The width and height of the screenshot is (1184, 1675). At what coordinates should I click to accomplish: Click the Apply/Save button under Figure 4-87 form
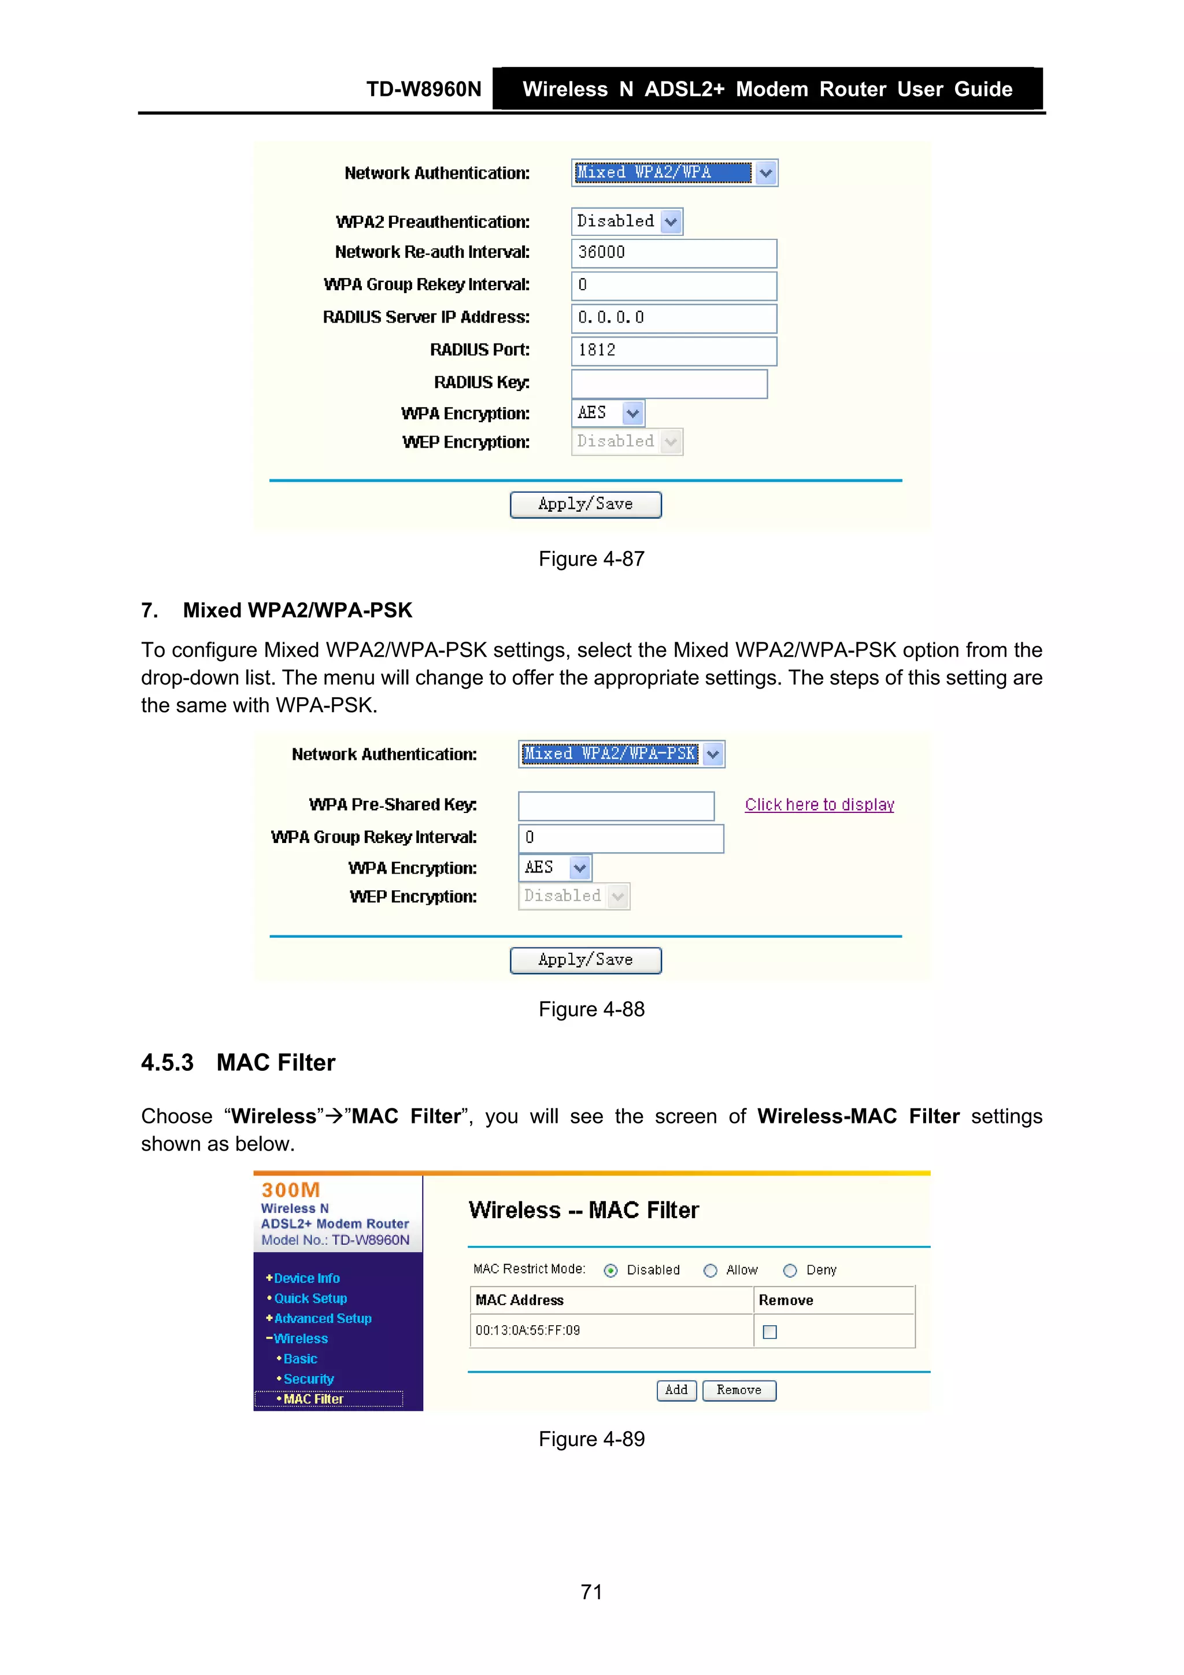[x=585, y=504]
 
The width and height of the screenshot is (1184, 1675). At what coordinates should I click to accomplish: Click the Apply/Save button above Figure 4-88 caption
[x=585, y=960]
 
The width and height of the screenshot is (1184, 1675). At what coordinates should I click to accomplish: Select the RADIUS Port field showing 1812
[x=674, y=351]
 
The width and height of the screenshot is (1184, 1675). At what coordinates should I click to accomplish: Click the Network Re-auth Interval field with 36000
[x=674, y=253]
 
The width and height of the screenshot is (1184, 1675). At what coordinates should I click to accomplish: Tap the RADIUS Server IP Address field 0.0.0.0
[x=674, y=318]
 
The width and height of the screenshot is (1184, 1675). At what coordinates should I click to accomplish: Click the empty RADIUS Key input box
[x=669, y=384]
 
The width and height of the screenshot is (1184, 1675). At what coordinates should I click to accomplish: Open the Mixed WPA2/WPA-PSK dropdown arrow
[x=713, y=755]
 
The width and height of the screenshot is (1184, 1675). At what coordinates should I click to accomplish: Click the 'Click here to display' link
[x=819, y=805]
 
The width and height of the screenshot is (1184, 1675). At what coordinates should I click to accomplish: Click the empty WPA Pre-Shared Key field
[x=616, y=806]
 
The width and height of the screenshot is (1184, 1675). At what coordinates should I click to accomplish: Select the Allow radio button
[x=710, y=1271]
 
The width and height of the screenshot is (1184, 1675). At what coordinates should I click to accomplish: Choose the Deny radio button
[x=789, y=1271]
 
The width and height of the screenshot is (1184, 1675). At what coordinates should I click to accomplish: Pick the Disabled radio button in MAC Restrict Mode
[x=610, y=1271]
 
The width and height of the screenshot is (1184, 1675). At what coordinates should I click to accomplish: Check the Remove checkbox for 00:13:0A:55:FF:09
[x=769, y=1332]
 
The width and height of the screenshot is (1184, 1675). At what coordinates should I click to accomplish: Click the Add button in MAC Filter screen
[x=676, y=1391]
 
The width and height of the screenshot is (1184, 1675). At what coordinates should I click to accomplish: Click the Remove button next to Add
[x=738, y=1391]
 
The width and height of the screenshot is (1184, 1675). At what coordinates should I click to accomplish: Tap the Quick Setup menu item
[x=310, y=1299]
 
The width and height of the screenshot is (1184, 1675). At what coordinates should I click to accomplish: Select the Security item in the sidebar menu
[x=308, y=1379]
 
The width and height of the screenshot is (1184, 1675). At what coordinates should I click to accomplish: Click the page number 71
[x=591, y=1592]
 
